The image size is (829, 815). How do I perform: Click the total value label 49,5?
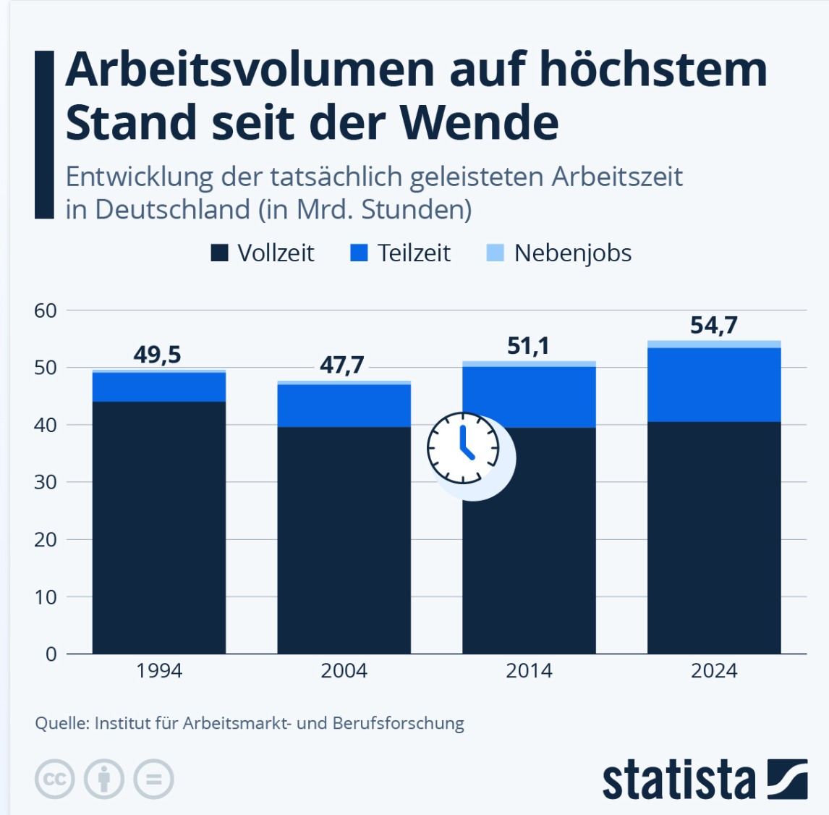tap(157, 355)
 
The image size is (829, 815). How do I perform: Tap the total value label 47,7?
tap(342, 365)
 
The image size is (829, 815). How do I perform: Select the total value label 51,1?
tap(528, 346)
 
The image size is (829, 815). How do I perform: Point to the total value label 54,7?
tap(713, 325)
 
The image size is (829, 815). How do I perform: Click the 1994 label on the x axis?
tap(159, 670)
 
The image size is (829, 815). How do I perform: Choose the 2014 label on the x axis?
tap(529, 670)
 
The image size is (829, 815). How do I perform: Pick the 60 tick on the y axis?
tap(46, 311)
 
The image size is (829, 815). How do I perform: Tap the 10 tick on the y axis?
tap(46, 597)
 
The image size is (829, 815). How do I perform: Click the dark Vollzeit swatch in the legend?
tap(219, 253)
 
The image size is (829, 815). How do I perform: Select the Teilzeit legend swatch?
tap(359, 253)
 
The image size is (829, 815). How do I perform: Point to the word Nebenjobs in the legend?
tap(572, 253)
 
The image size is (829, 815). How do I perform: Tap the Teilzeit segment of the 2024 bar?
tap(714, 384)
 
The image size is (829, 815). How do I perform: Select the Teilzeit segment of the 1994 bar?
tap(159, 387)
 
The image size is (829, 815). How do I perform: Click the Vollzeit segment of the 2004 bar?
tap(344, 539)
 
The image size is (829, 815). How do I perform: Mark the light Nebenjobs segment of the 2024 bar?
tap(714, 344)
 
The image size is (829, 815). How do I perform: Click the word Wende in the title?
tap(479, 122)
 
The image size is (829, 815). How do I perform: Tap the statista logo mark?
tap(787, 779)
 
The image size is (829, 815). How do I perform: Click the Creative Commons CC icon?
tap(55, 780)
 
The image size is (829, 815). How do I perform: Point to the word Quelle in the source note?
tap(61, 723)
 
